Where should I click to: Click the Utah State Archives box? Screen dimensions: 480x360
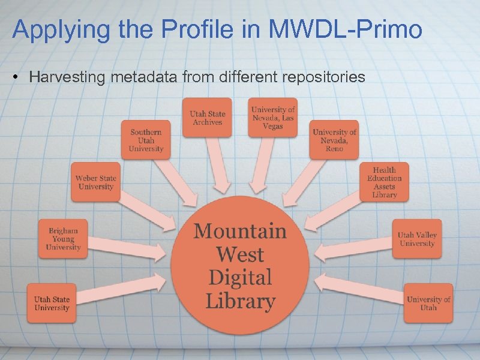[207, 118]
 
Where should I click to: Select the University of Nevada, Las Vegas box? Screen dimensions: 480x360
[273, 118]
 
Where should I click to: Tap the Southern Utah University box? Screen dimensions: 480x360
[146, 140]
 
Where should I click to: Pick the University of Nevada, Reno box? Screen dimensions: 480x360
[334, 140]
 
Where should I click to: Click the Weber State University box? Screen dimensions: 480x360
[95, 182]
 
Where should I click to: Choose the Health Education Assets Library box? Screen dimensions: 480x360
[385, 182]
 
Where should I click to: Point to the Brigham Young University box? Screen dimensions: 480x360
[63, 238]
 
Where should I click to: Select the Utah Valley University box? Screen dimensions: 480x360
[417, 238]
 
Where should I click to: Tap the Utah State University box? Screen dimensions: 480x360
[52, 303]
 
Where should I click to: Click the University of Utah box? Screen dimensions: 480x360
[428, 303]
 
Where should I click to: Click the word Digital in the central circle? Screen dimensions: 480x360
[240, 278]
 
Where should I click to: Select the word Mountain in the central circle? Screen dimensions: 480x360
[240, 230]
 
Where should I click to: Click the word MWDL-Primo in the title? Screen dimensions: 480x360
[347, 29]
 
